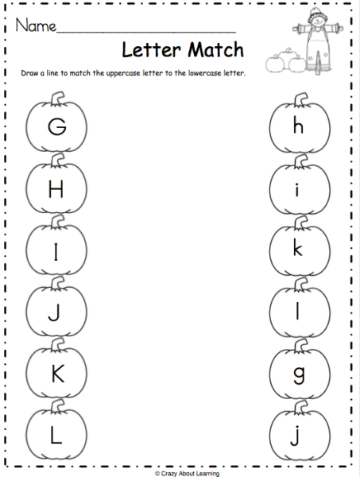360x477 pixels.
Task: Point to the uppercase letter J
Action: pyautogui.click(x=56, y=312)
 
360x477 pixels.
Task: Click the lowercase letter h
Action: pyautogui.click(x=299, y=126)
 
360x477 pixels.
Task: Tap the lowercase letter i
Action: pyautogui.click(x=299, y=188)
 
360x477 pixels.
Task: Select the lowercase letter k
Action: pyautogui.click(x=299, y=249)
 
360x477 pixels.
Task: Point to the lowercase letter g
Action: pyautogui.click(x=299, y=374)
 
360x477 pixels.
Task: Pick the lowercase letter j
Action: pyautogui.click(x=299, y=436)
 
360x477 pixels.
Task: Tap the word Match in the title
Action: pyautogui.click(x=212, y=51)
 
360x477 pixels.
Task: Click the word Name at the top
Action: pyautogui.click(x=35, y=26)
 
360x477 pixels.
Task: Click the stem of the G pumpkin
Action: pyautogui.click(x=57, y=99)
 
